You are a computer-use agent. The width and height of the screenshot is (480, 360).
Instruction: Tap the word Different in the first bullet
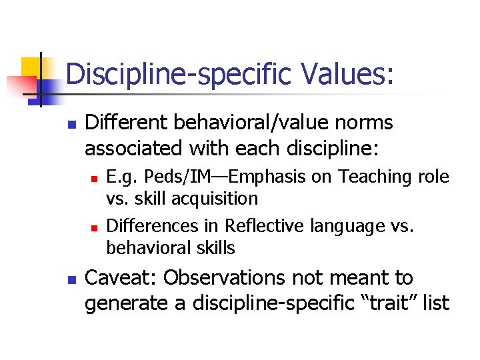pyautogui.click(x=121, y=123)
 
